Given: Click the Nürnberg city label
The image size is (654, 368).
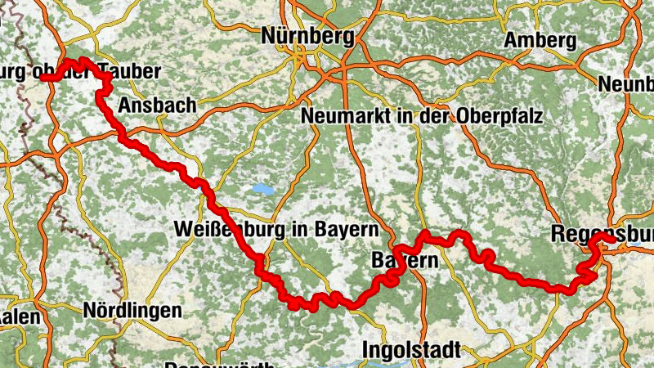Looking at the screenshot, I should [x=308, y=36].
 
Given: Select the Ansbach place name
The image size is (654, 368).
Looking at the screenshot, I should [x=157, y=105].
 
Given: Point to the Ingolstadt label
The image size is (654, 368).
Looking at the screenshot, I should [x=410, y=349].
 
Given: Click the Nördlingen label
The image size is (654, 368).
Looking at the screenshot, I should [x=132, y=311].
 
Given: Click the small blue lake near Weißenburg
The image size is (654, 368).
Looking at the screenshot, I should [x=262, y=189].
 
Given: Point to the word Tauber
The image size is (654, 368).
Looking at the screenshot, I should [x=129, y=71].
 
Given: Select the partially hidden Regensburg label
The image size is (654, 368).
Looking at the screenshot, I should [x=601, y=231].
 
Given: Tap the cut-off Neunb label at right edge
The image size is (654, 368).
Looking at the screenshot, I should [x=626, y=84].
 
